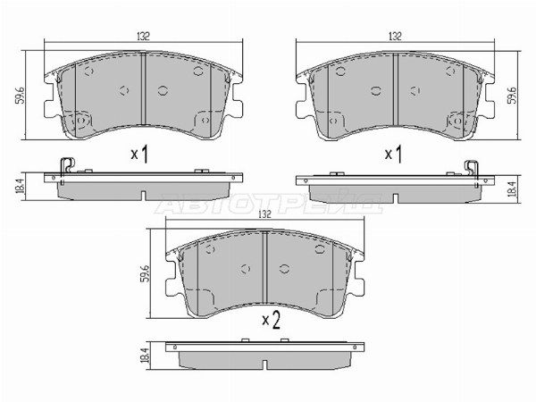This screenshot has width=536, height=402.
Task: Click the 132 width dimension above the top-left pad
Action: [x=144, y=37]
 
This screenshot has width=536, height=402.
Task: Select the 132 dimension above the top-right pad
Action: [x=395, y=37]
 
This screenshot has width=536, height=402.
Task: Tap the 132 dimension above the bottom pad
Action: [x=264, y=214]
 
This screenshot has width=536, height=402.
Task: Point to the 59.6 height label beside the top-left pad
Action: [x=20, y=96]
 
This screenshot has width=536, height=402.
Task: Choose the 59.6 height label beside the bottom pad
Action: [x=146, y=273]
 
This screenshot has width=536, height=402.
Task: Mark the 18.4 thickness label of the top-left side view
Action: [x=20, y=187]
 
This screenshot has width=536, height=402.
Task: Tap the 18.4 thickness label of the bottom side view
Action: [x=146, y=356]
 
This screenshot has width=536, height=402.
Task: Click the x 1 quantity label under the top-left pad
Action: [x=140, y=155]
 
